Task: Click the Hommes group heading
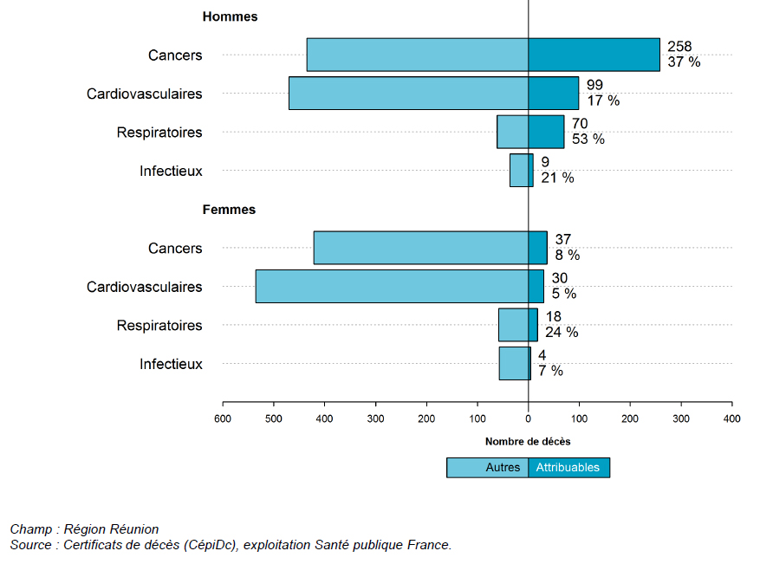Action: (x=230, y=16)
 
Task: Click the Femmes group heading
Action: (x=229, y=210)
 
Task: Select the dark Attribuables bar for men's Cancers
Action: (x=594, y=55)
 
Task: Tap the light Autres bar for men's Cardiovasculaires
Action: (x=408, y=94)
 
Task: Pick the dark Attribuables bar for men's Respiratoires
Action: (x=546, y=132)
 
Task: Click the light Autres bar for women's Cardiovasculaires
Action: (x=392, y=286)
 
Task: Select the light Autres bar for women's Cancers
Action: (x=420, y=248)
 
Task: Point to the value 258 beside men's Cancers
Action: (x=679, y=47)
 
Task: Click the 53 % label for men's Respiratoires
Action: (x=588, y=139)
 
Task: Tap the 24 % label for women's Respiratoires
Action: (x=562, y=333)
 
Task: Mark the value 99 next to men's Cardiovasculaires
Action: (x=594, y=85)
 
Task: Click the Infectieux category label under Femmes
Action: (x=171, y=364)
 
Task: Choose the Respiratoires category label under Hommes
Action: (x=159, y=133)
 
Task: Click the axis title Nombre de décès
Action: (x=528, y=442)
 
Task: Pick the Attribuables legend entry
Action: (x=568, y=468)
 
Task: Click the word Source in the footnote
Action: (x=31, y=545)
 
